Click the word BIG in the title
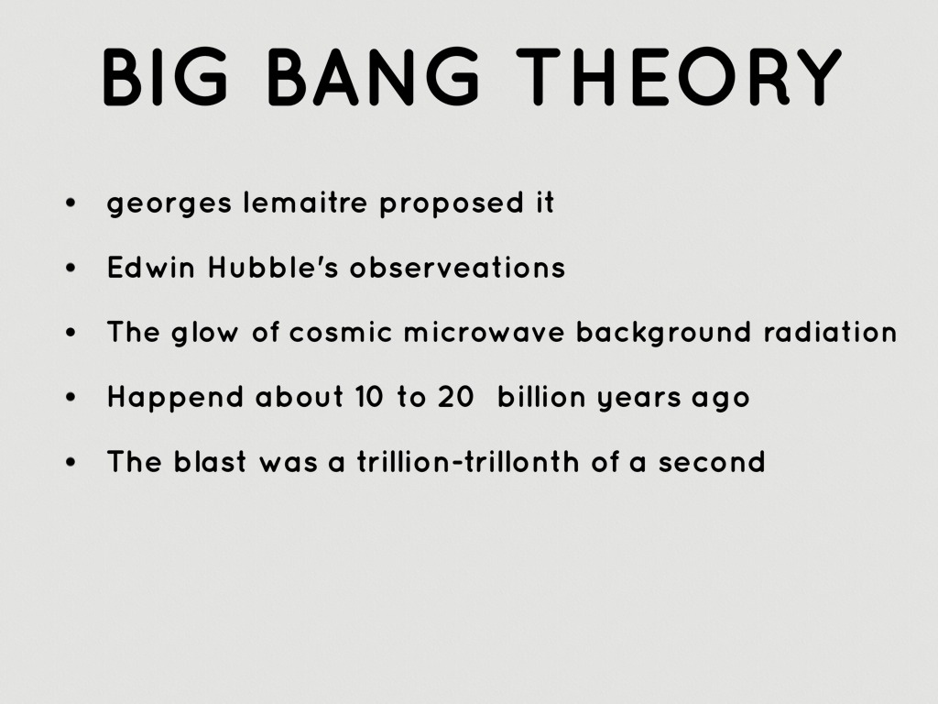point(166,76)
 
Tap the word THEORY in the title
point(679,76)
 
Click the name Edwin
point(151,267)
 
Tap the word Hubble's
point(273,267)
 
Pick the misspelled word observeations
point(458,267)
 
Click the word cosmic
point(341,332)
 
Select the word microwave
point(484,332)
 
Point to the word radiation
point(830,332)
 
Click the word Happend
point(175,399)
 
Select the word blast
point(210,462)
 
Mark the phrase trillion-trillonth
point(468,462)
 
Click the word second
point(712,462)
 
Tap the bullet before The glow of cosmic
point(71,332)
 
